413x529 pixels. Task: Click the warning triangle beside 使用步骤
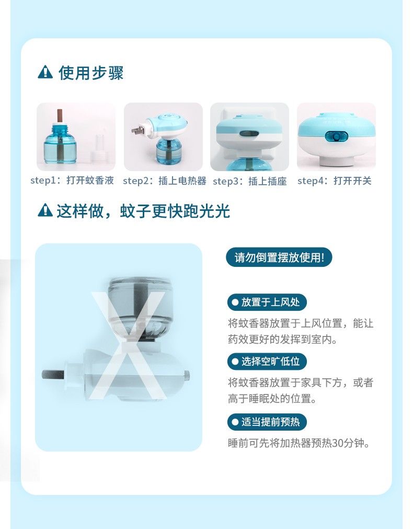click(45, 72)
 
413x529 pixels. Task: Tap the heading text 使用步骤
click(91, 73)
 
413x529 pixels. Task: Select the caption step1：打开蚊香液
click(72, 181)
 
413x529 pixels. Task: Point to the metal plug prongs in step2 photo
click(137, 130)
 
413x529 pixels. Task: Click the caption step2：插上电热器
click(165, 181)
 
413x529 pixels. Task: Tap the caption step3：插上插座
click(250, 182)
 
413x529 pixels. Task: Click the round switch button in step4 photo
click(336, 137)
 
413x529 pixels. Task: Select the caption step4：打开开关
click(335, 181)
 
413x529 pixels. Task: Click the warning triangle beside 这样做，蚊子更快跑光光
click(45, 210)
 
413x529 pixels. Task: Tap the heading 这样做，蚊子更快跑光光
click(143, 211)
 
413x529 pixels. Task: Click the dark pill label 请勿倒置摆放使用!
click(279, 257)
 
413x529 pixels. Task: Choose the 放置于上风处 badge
click(267, 302)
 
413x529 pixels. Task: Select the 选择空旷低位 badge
click(267, 362)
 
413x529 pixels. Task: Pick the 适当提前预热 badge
click(267, 422)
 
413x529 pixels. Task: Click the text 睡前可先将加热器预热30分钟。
click(299, 443)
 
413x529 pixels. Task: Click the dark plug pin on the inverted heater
click(53, 374)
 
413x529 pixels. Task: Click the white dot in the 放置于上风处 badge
click(235, 302)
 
